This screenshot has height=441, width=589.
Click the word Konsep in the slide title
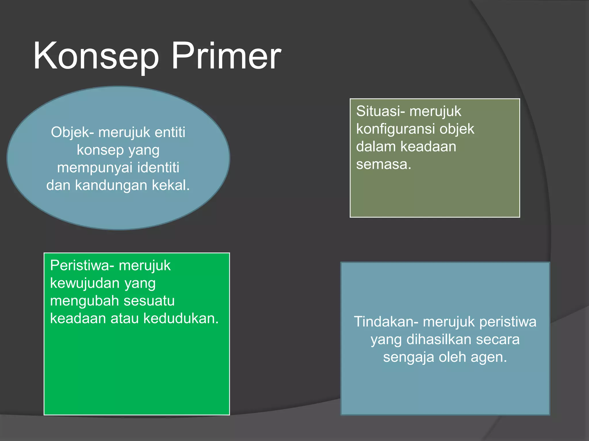(x=96, y=56)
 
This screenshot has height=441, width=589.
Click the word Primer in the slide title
(x=226, y=56)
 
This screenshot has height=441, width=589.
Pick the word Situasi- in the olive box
(x=380, y=111)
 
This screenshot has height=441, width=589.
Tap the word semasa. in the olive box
(x=384, y=164)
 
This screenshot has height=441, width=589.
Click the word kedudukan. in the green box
(x=181, y=318)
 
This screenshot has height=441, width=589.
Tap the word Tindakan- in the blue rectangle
(x=386, y=322)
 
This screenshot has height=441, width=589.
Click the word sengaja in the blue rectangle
(x=408, y=357)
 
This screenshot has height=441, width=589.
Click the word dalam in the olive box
(x=376, y=146)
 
